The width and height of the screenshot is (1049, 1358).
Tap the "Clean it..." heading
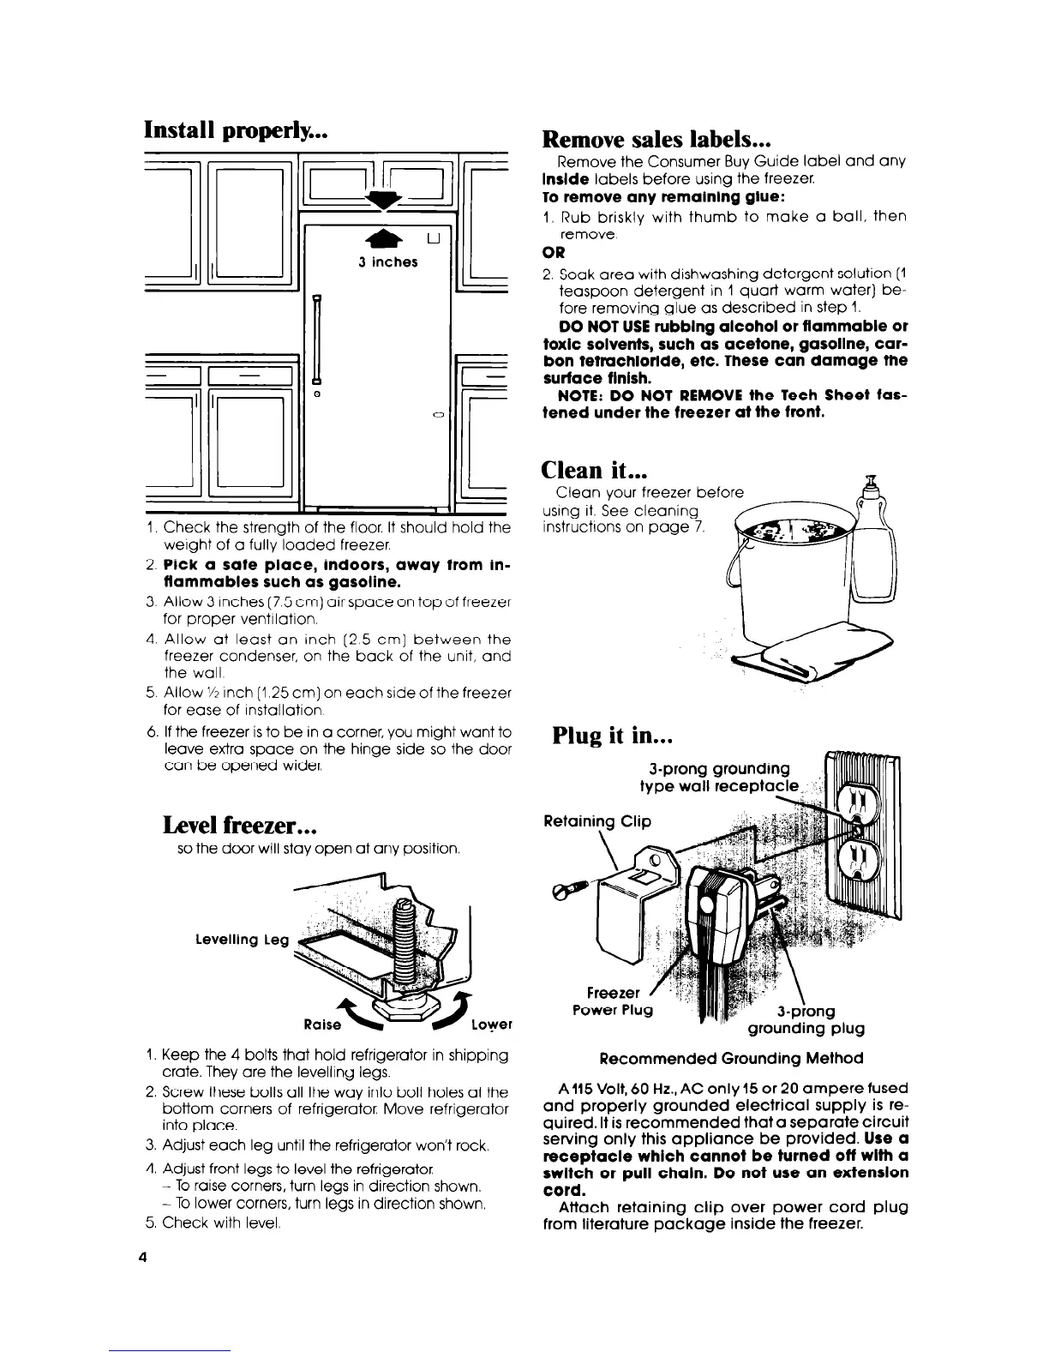[x=593, y=470]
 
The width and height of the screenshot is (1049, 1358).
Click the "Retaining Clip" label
[x=597, y=821]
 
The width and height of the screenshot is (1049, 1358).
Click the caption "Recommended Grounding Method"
[x=731, y=1058]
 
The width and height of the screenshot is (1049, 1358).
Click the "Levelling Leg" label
[x=243, y=940]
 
